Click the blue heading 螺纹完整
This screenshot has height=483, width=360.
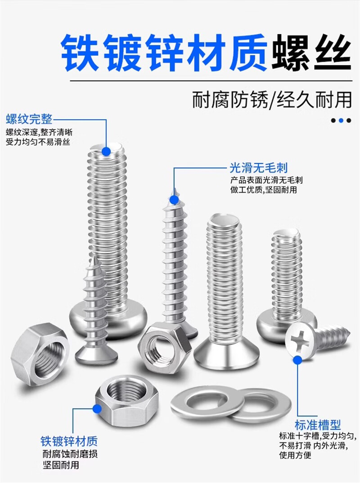29,119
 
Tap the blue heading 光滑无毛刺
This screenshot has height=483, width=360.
259,168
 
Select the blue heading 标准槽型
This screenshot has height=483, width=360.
318,425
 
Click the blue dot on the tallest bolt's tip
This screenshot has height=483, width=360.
106,151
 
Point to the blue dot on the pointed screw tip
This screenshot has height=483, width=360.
175,200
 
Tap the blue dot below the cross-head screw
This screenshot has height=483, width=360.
297,360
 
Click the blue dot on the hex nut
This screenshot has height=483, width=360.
97,409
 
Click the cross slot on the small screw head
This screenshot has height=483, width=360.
300,341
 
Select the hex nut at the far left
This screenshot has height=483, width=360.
40,354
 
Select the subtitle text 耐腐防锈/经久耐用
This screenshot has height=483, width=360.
272,100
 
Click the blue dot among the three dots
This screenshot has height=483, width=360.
341,121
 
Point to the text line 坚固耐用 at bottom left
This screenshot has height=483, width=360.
61,465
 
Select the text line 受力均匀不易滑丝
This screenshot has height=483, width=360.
38,142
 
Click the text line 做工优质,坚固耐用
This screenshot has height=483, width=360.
264,190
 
